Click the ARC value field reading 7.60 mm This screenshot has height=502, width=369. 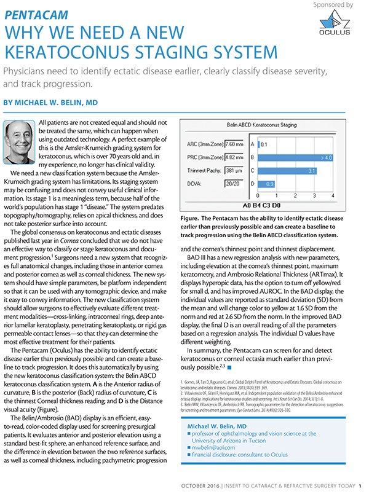(234, 144)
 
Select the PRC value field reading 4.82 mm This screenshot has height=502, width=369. (234, 158)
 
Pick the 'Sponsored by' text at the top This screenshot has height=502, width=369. (333, 4)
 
